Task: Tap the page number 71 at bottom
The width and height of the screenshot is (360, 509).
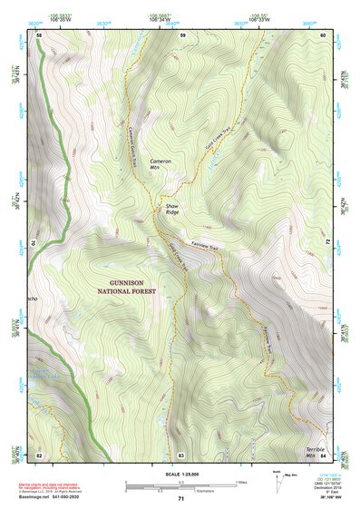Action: [x=180, y=499]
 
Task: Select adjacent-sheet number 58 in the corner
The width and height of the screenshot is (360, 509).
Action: [x=39, y=35]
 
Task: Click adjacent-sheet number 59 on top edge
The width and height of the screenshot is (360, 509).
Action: [x=181, y=35]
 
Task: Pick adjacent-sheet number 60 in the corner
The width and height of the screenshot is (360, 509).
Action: [x=323, y=35]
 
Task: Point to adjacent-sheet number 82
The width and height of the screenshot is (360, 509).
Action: [x=39, y=454]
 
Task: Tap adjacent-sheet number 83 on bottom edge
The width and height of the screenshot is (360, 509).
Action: [x=181, y=454]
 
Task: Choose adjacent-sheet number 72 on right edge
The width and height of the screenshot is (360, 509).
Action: [x=325, y=244]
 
